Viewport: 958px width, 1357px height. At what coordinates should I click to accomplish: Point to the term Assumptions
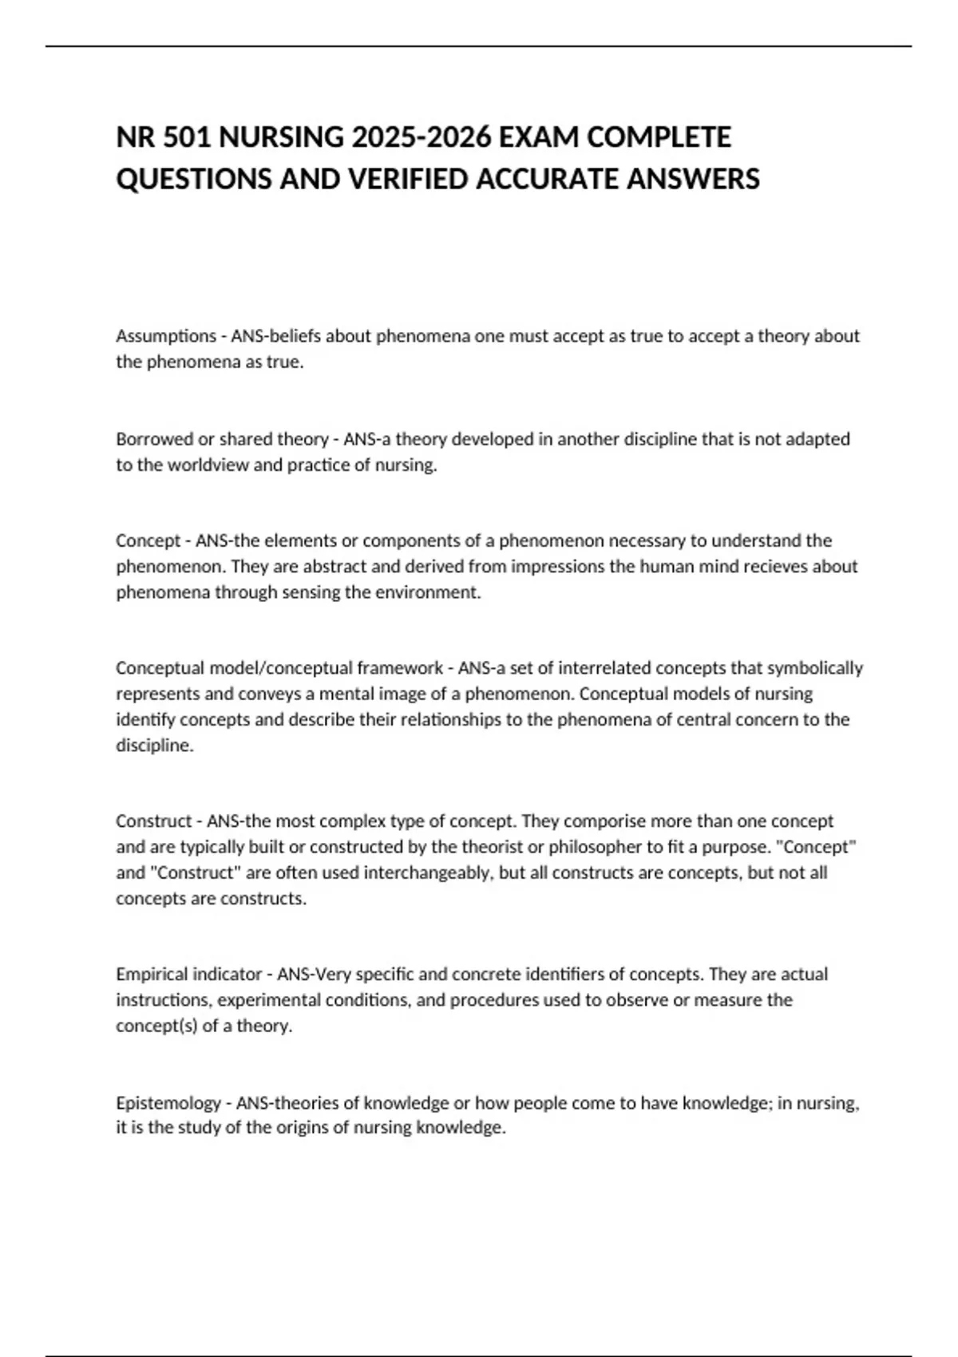point(166,336)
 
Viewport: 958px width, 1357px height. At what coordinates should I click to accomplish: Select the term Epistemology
point(168,1103)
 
